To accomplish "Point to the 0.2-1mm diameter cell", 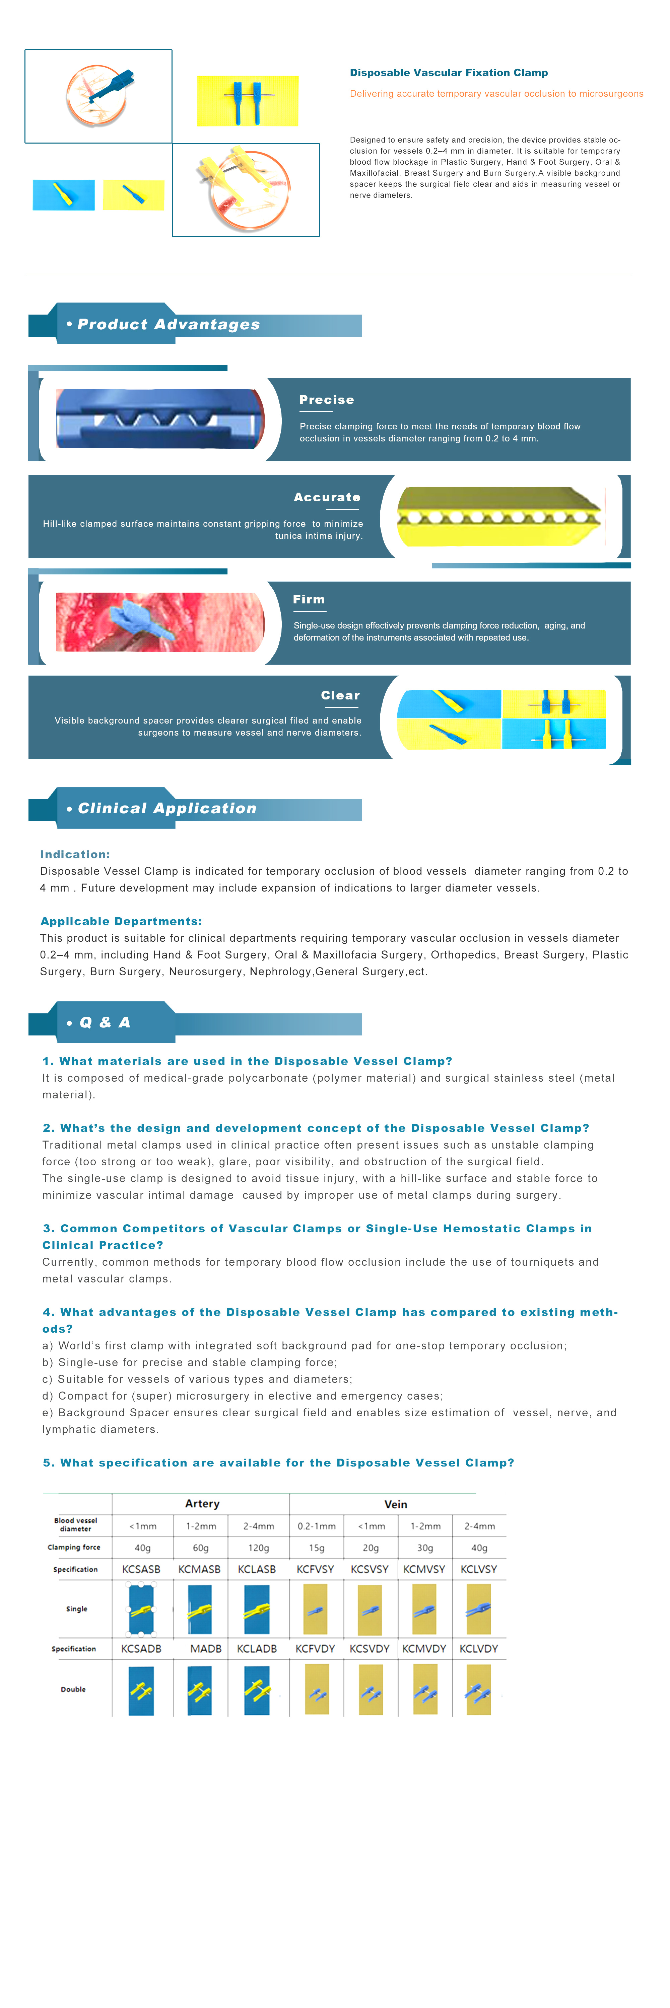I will [x=317, y=1525].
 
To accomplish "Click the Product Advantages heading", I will [x=169, y=324].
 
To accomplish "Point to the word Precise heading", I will [x=327, y=400].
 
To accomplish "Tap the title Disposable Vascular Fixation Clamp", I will [x=449, y=73].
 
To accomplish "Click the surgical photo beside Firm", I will [x=160, y=621].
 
